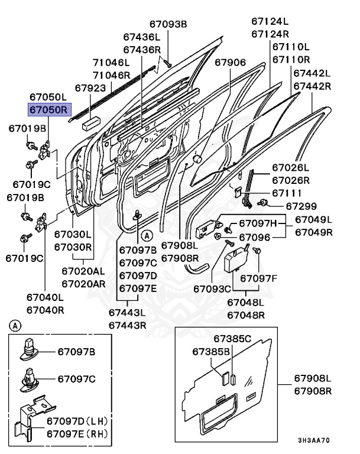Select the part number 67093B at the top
click(168, 24)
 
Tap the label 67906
click(230, 63)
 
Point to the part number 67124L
click(270, 21)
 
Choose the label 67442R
click(312, 86)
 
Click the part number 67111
click(286, 193)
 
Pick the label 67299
click(301, 206)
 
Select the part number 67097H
click(257, 223)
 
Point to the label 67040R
click(45, 310)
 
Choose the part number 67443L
click(127, 312)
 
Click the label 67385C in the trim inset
click(232, 339)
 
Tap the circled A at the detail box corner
click(15, 325)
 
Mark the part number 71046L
click(111, 63)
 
